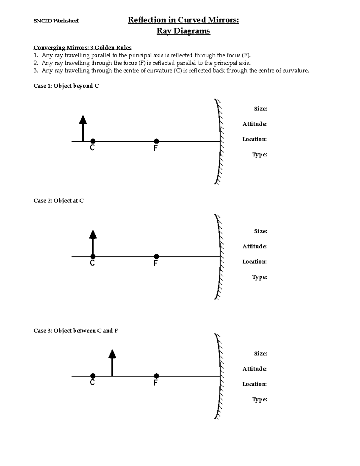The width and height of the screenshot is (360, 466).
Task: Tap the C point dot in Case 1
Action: pos(93,141)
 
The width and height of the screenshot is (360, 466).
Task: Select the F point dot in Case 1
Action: pos(156,141)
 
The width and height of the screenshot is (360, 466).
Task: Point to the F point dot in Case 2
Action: pos(156,257)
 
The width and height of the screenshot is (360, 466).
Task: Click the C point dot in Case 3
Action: pos(93,376)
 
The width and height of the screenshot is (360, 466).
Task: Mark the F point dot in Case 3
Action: pos(156,376)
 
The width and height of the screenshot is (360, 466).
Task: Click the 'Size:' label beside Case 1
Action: pos(260,109)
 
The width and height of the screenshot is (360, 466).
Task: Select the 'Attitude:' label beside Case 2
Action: pos(254,246)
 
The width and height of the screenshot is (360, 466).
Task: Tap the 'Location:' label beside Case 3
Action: pos(254,384)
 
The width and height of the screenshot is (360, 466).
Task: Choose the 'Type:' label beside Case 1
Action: pos(259,155)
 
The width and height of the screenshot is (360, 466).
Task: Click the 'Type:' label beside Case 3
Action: pos(259,399)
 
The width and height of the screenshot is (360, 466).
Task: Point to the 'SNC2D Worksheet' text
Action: pos(56,21)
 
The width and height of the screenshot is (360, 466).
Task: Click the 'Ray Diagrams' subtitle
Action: pos(183,31)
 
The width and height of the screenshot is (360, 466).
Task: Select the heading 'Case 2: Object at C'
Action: pos(58,200)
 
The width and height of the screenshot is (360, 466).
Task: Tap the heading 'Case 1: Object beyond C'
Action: pos(66,86)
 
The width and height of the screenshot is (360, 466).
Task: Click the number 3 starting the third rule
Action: pos(35,71)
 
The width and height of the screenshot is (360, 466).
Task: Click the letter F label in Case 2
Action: pos(155,263)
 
